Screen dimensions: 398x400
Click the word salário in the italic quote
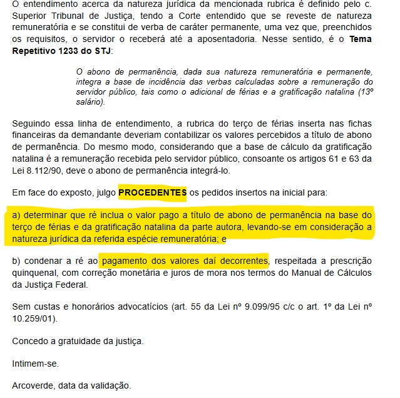click(x=88, y=101)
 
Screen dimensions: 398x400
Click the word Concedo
click(x=31, y=341)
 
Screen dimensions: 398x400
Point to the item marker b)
click(x=17, y=260)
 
